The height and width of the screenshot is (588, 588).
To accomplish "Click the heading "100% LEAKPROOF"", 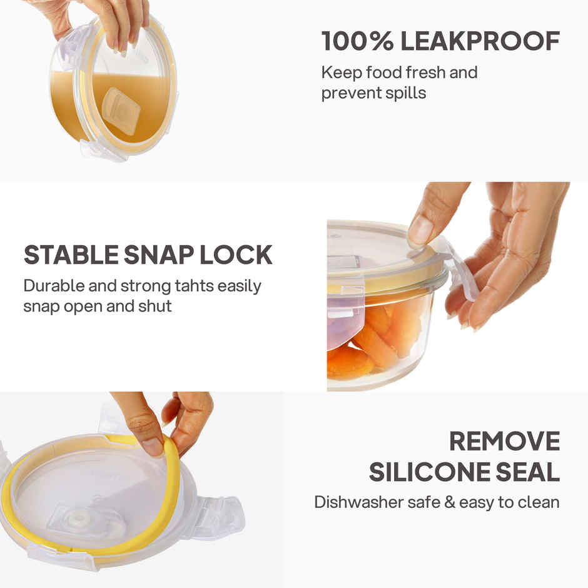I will [440, 41].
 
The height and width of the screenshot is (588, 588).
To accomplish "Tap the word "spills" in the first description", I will [405, 93].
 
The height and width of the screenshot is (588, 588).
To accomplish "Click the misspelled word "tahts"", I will [190, 286].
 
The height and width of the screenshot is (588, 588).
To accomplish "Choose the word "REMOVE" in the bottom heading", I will [504, 442].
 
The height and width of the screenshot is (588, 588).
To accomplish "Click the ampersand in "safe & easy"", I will [449, 502].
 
